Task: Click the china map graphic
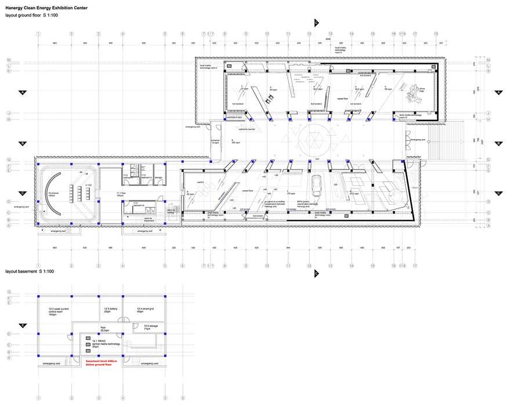(x=416, y=90)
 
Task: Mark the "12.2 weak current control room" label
(x=57, y=312)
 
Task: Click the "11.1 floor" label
(x=121, y=194)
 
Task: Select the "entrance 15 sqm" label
(x=215, y=141)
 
